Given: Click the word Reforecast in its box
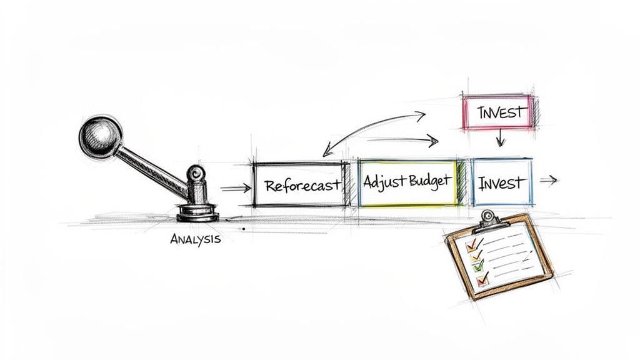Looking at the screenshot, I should click(302, 185).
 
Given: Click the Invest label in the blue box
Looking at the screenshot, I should click(501, 184).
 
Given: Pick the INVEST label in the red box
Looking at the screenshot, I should click(499, 114).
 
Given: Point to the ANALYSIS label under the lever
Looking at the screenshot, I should click(195, 239).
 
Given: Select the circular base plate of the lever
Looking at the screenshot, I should click(197, 214).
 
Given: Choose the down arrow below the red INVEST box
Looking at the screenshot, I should click(500, 139).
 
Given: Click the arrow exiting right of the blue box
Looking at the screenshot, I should click(548, 181).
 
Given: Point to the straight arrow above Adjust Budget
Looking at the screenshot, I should click(407, 141).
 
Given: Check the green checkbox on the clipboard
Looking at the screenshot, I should click(479, 266).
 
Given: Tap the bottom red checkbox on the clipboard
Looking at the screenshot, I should click(482, 281).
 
